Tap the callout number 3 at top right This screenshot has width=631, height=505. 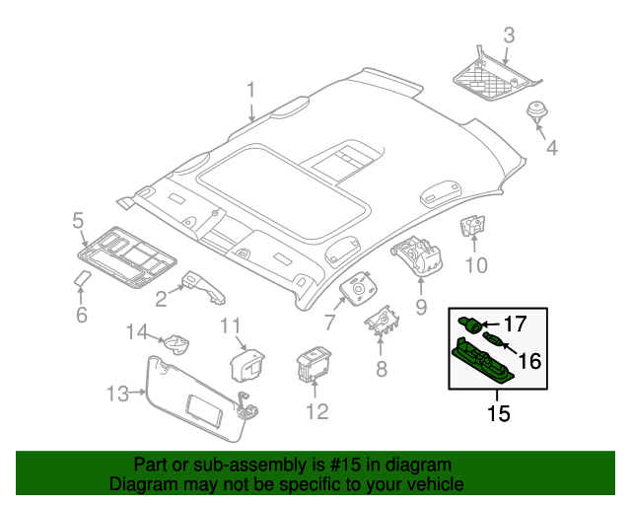(509, 36)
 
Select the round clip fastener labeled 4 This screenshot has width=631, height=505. (538, 111)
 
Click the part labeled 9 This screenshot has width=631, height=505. (419, 253)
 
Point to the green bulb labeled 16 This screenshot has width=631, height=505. (494, 342)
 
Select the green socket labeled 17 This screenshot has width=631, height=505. (472, 323)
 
